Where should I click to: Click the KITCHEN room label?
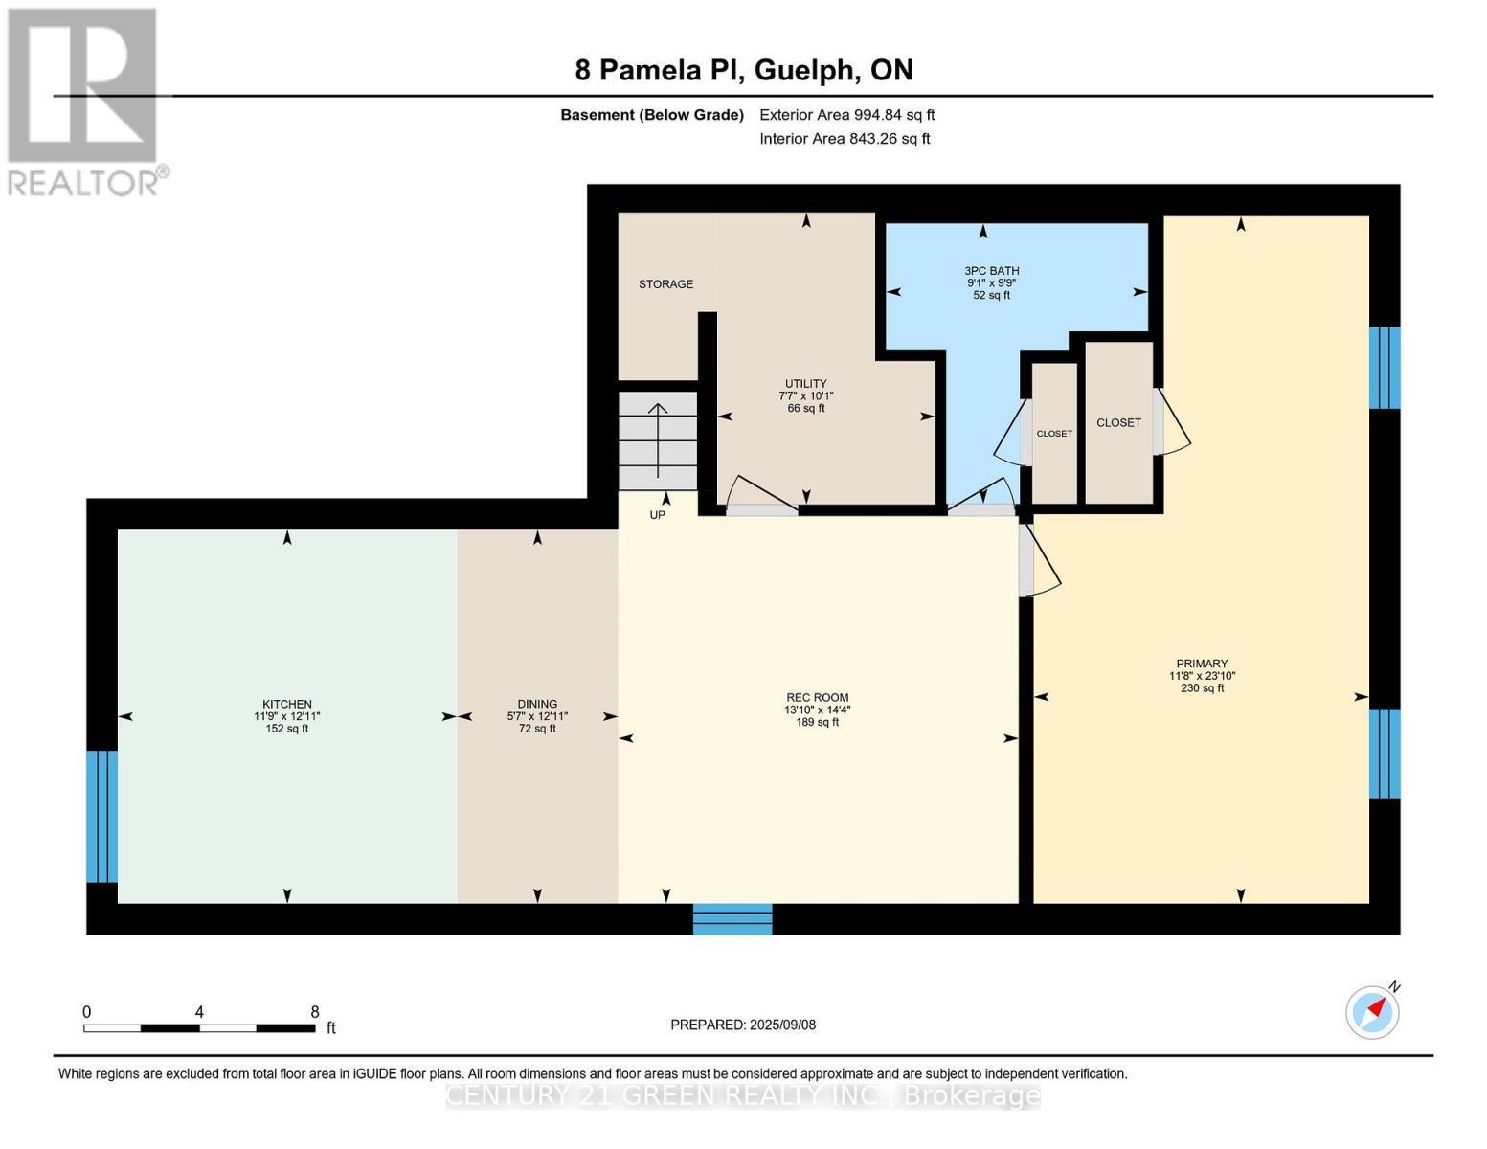pos(287,704)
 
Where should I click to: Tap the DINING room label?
pos(537,704)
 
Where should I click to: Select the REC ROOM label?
pos(817,698)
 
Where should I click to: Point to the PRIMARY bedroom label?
pos(1202,664)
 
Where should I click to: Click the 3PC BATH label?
pos(991,271)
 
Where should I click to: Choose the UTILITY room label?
pos(805,384)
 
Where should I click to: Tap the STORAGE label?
pos(665,284)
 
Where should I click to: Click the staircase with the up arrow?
pos(658,440)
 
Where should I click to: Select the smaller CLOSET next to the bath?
pos(1054,434)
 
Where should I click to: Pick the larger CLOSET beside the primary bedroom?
pos(1118,422)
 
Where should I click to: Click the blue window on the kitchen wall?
pos(101,816)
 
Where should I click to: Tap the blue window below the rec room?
pos(732,918)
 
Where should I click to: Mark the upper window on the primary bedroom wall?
pos(1384,368)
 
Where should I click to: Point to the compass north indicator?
pos(1373,1011)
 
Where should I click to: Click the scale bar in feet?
pos(199,1027)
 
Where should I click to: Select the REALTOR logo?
pos(84,101)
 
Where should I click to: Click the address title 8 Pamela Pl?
pos(743,70)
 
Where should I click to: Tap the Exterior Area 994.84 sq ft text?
pos(846,115)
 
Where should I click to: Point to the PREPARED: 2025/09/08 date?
pos(743,1025)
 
